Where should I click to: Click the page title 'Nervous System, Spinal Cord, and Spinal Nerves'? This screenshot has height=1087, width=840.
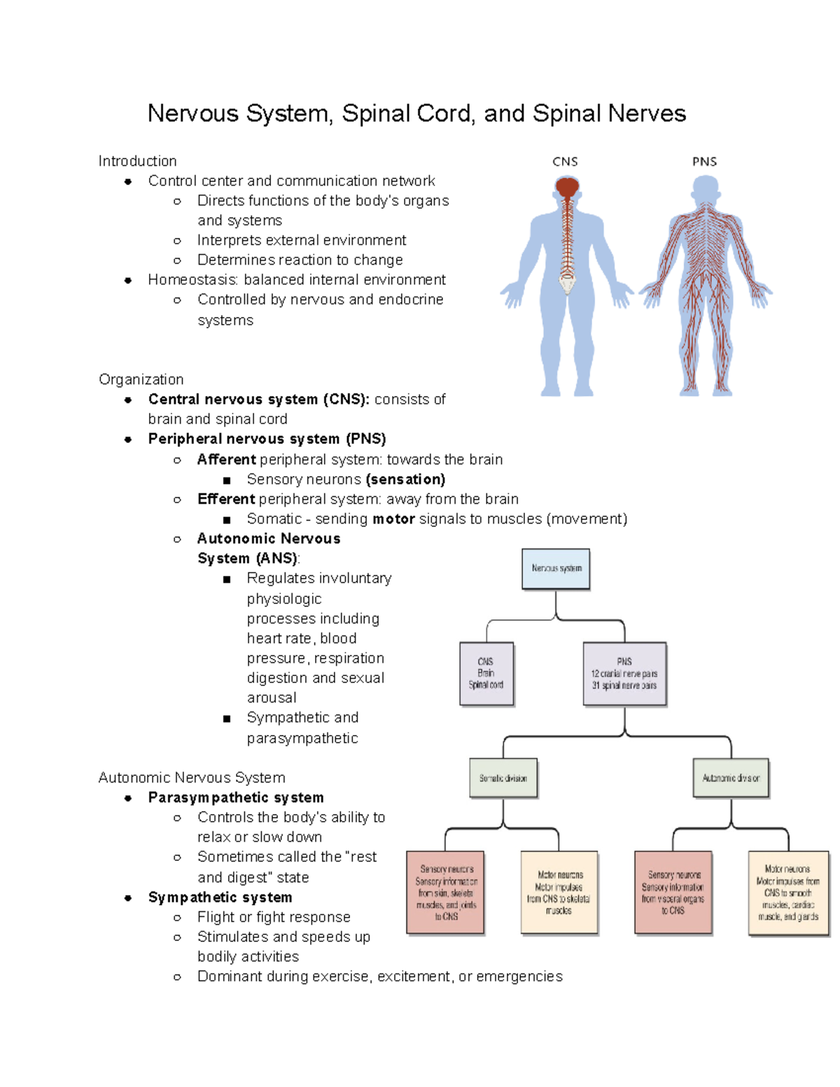pyautogui.click(x=416, y=113)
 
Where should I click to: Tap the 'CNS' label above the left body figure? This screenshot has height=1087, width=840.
pyautogui.click(x=565, y=162)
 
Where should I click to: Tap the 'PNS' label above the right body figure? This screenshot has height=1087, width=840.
pyautogui.click(x=704, y=162)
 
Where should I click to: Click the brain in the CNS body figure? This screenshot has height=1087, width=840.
pyautogui.click(x=567, y=188)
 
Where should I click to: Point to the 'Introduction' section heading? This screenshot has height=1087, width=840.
pyautogui.click(x=137, y=161)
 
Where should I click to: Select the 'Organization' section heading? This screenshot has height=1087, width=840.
pyautogui.click(x=141, y=379)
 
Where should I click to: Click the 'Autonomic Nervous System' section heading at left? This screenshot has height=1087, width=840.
pyautogui.click(x=192, y=778)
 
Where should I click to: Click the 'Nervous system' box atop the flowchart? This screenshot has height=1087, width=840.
pyautogui.click(x=556, y=568)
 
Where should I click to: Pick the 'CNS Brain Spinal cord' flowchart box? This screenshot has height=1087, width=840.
pyautogui.click(x=486, y=673)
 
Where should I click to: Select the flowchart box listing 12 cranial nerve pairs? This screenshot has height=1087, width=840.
pyautogui.click(x=624, y=673)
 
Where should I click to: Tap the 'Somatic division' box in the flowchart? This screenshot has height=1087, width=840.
pyautogui.click(x=503, y=778)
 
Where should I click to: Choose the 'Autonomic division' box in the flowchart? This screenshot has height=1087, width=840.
pyautogui.click(x=731, y=778)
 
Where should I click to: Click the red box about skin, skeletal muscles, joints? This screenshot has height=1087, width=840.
pyautogui.click(x=446, y=892)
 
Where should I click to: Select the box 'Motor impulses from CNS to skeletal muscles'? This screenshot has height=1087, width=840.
pyautogui.click(x=559, y=892)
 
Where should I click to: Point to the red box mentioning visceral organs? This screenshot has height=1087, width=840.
pyautogui.click(x=673, y=892)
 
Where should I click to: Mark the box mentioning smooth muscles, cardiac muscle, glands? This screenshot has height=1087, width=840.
pyautogui.click(x=787, y=892)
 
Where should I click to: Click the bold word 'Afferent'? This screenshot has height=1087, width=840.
pyautogui.click(x=226, y=460)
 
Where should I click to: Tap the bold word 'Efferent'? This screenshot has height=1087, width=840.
pyautogui.click(x=226, y=499)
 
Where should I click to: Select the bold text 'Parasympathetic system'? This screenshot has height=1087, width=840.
pyautogui.click(x=236, y=798)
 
